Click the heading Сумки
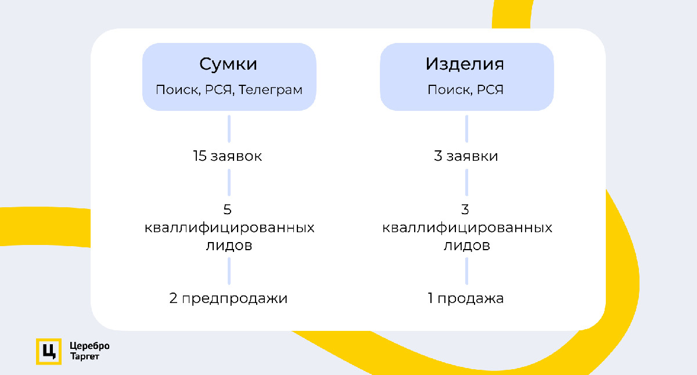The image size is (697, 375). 228,64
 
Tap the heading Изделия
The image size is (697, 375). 465,64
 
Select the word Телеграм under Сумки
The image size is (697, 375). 271,90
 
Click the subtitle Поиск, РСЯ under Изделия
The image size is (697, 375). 465,90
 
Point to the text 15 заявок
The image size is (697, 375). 228,156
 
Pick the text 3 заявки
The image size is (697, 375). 466,156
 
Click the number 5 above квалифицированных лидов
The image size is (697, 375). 228,210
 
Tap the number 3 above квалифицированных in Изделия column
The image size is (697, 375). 466,210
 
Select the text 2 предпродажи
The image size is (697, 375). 228,299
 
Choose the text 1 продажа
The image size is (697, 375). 466,299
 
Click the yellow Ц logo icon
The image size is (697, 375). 48,351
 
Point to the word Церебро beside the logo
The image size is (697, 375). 89,346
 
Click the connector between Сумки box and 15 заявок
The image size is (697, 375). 229,129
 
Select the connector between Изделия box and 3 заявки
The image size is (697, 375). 467,129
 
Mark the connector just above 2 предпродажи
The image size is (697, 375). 229,271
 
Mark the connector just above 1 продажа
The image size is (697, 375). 467,271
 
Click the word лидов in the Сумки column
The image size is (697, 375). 229,245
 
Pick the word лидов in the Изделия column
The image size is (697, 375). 467,245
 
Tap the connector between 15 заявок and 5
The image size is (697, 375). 229,182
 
